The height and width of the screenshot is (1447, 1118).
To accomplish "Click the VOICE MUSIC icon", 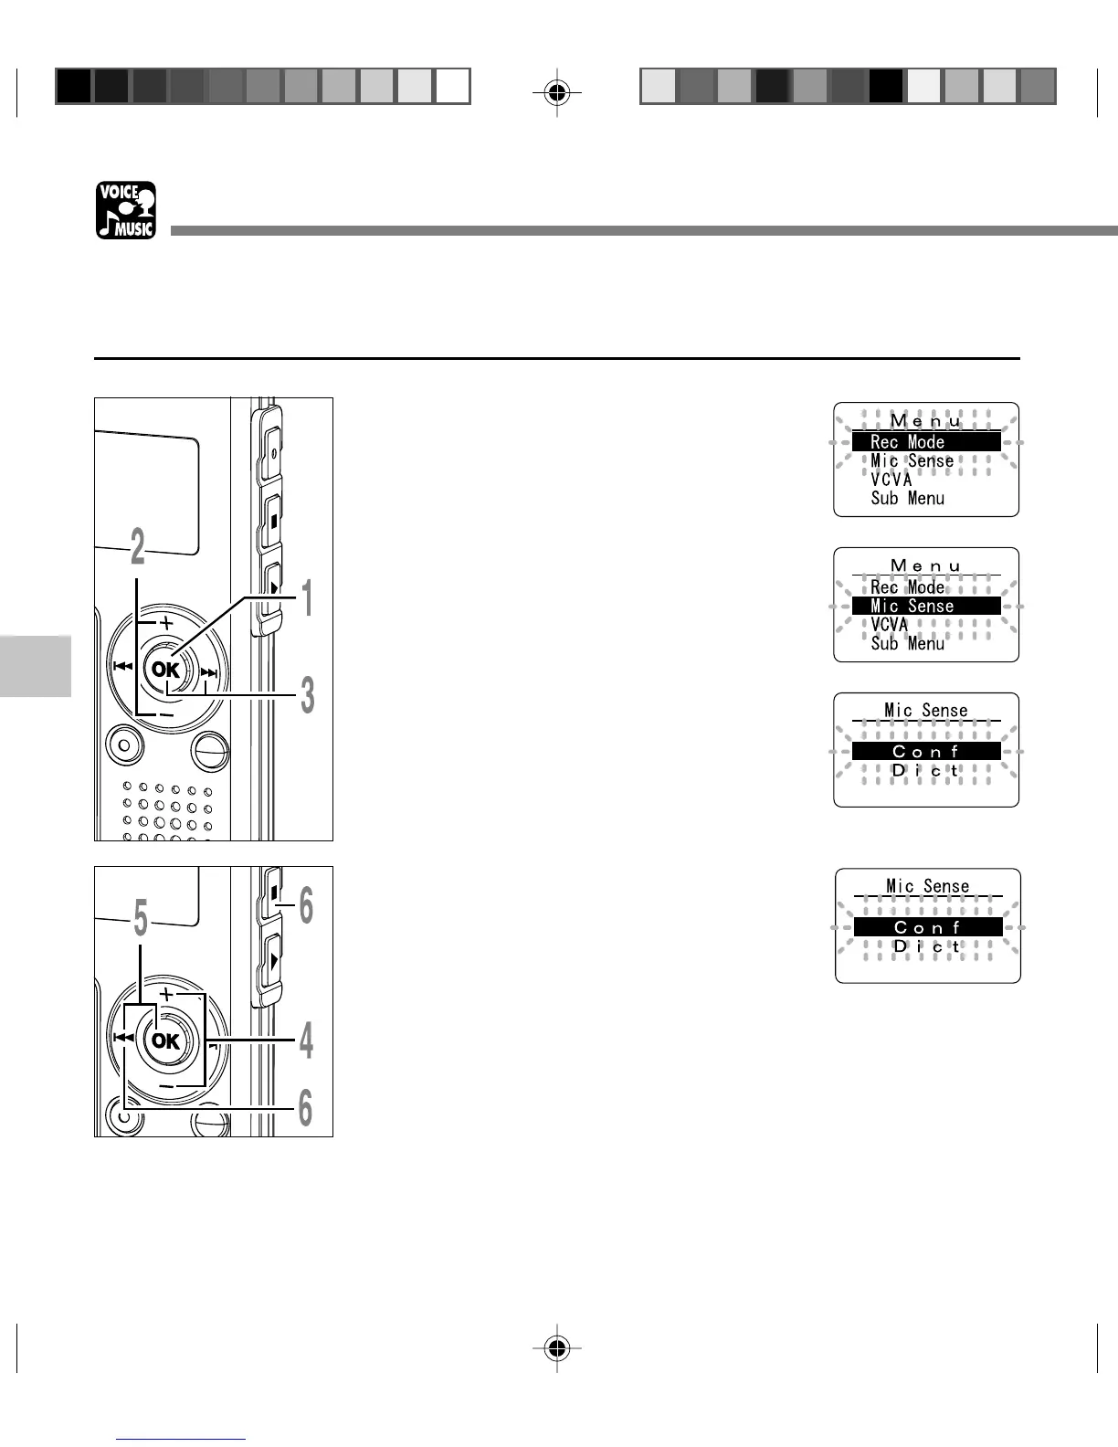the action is click(126, 210).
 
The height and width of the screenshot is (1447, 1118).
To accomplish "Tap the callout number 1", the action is click(308, 599).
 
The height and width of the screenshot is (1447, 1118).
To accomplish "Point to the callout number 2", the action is click(137, 547).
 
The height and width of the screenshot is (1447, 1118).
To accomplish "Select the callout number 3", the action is click(308, 697).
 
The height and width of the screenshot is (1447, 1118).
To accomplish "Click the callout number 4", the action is click(307, 1041).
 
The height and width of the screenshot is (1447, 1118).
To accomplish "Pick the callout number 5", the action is click(140, 919).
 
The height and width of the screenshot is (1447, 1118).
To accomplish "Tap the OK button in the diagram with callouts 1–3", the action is click(165, 670).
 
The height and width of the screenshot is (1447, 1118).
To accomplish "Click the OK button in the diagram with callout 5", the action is click(165, 1040).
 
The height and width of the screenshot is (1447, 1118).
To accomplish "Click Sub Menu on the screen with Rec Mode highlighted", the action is click(907, 499).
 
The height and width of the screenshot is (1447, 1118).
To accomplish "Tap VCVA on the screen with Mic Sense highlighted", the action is click(890, 625).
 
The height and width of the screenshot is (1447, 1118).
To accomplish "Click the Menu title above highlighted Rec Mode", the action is click(925, 421).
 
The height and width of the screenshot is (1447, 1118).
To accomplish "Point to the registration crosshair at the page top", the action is click(557, 91).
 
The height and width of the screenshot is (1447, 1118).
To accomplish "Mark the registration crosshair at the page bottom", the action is click(557, 1347).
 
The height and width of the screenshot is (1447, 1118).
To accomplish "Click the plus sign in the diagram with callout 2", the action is click(165, 622).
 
